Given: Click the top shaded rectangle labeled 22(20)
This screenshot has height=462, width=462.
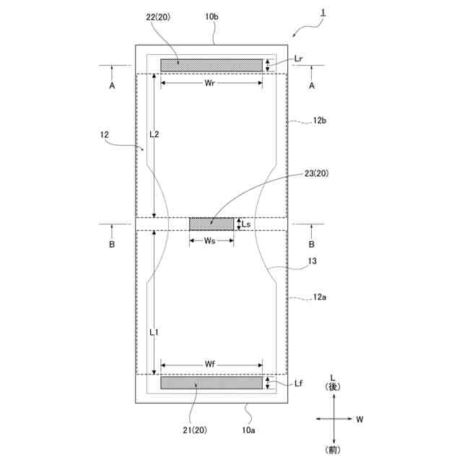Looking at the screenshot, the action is [x=212, y=65].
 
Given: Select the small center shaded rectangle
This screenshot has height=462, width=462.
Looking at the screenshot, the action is [x=212, y=225].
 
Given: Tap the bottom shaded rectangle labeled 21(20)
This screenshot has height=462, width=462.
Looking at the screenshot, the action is [x=212, y=383].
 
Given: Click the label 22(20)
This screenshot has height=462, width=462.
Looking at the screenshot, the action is [x=158, y=17].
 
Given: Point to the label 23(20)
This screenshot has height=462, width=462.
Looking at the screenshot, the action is [x=316, y=173].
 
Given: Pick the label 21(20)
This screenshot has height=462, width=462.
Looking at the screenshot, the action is [x=195, y=430].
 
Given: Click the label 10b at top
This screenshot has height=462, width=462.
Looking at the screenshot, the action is [x=212, y=17].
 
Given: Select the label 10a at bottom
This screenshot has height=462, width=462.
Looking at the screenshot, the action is [x=248, y=430].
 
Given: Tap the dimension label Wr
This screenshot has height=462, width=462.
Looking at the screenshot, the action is [x=209, y=83].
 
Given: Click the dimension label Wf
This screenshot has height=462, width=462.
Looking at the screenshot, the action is [x=210, y=365].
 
